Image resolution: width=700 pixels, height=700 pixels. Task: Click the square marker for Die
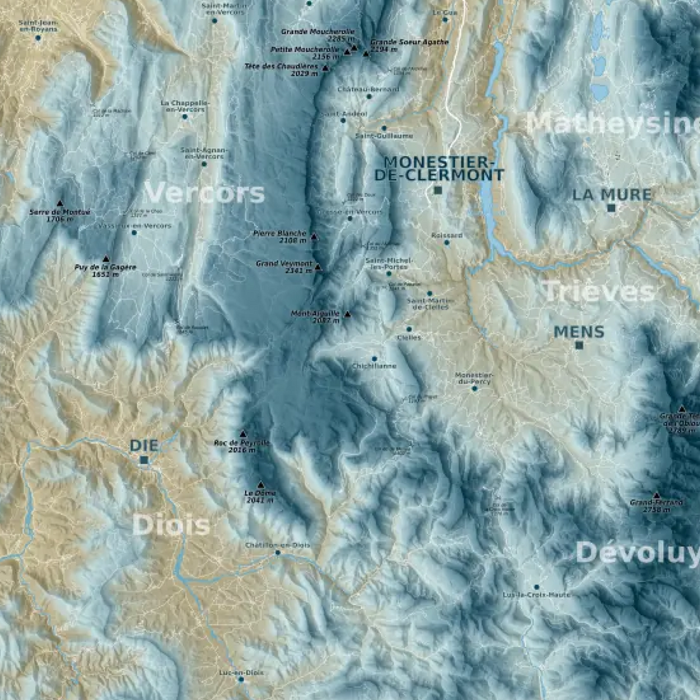point(144,460)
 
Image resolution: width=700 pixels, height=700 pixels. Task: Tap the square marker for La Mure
point(611,208)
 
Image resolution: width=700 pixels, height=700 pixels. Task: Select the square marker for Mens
point(579,345)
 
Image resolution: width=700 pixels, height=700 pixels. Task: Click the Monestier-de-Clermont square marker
point(438,191)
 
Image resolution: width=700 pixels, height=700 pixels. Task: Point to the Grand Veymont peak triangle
point(318,266)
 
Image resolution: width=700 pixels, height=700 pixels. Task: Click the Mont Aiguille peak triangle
point(347,314)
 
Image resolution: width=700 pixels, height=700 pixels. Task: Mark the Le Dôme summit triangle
point(261,485)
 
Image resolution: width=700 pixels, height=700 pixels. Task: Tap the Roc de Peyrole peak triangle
point(243,434)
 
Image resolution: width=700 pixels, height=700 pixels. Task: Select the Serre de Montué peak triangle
point(60,204)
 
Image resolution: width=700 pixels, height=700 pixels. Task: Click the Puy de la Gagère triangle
point(106,259)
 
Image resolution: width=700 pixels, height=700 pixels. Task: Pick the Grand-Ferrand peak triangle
point(657,495)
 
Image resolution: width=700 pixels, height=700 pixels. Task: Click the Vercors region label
point(204,193)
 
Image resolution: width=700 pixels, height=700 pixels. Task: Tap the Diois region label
point(171,525)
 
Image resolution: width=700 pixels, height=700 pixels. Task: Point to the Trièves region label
point(598,292)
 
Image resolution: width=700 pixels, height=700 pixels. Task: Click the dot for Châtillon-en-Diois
point(277,553)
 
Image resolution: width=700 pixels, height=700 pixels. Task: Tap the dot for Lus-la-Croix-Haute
point(536,587)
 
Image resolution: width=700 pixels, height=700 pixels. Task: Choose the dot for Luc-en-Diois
point(240,679)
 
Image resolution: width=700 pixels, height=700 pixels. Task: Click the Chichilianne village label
point(374,366)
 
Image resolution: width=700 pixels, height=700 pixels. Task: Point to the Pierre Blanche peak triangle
point(314,237)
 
